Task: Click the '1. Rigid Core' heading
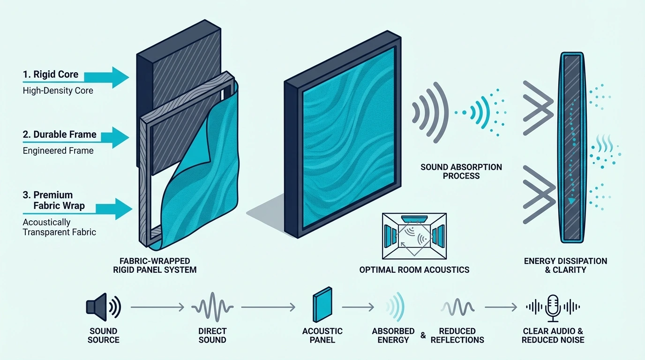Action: click(x=51, y=75)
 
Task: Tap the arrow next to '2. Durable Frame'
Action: click(x=115, y=137)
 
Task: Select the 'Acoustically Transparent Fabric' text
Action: click(x=60, y=227)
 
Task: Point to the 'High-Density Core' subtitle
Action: click(x=58, y=91)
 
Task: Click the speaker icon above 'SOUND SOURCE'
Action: click(x=104, y=307)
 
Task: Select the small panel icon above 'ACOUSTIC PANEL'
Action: click(x=322, y=305)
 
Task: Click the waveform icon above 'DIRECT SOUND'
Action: click(x=212, y=307)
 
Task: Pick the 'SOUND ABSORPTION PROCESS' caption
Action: click(x=461, y=172)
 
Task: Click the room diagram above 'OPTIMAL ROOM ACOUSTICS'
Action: click(x=414, y=236)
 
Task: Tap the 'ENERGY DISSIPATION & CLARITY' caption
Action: click(x=565, y=265)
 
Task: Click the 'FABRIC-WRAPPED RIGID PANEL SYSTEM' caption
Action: click(x=155, y=265)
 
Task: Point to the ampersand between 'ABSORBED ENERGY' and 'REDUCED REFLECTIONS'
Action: click(x=423, y=335)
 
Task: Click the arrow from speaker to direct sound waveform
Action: click(x=157, y=307)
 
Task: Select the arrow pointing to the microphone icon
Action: click(x=501, y=307)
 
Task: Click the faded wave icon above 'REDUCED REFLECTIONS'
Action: click(x=457, y=307)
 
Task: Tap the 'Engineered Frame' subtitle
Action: click(x=58, y=150)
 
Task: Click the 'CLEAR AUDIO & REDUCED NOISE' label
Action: click(x=553, y=336)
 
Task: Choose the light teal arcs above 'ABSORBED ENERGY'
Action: click(x=396, y=307)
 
